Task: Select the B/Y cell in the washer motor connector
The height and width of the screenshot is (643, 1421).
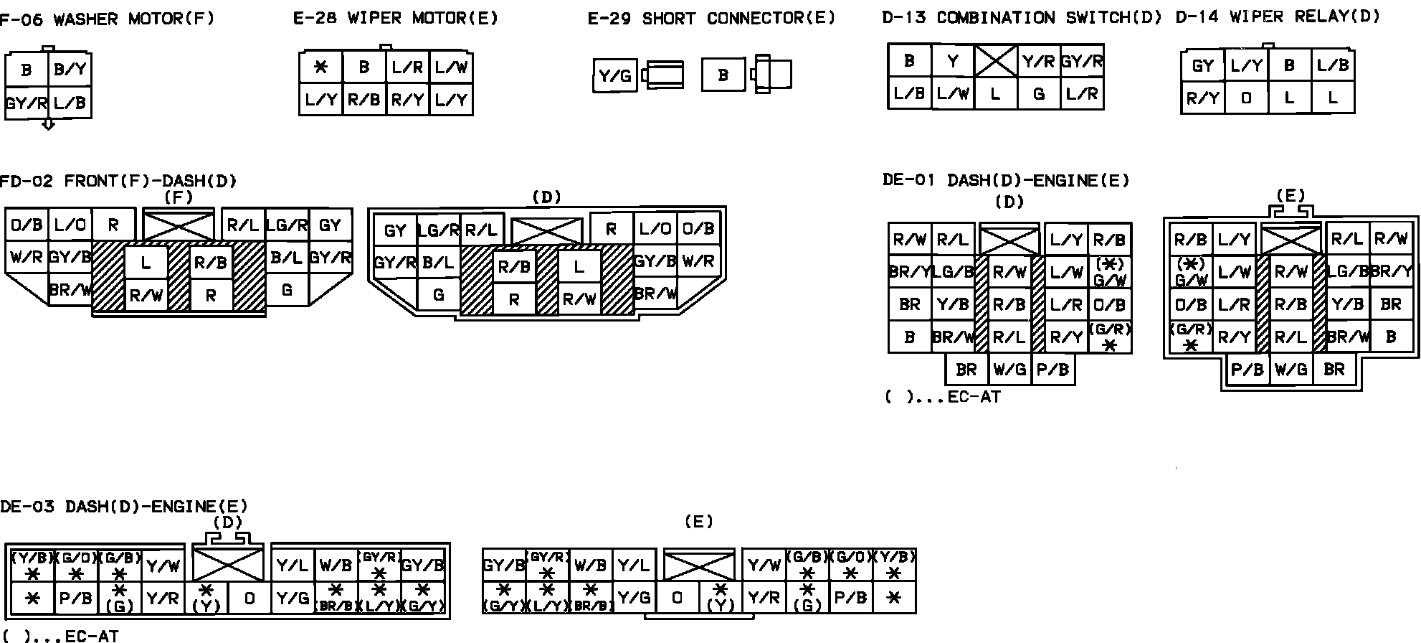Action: [70, 70]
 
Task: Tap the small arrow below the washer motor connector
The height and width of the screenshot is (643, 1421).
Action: [48, 125]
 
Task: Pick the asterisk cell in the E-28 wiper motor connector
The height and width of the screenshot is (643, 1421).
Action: [320, 67]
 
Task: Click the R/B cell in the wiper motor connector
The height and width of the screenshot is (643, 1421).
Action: [363, 100]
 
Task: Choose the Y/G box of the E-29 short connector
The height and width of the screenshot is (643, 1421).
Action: [614, 75]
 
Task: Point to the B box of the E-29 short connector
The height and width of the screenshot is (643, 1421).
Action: [723, 75]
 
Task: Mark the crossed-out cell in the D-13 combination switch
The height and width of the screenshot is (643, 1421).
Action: [995, 61]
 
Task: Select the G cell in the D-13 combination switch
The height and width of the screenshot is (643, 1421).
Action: [1038, 93]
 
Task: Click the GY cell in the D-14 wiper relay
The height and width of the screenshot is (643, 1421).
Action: [1202, 66]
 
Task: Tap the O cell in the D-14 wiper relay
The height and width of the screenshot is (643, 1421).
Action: [1245, 98]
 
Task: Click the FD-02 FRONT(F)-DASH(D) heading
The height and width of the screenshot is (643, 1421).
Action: [118, 181]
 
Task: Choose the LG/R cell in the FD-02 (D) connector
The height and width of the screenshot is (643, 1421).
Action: [438, 230]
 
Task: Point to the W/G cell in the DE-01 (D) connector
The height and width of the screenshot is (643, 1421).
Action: [1009, 370]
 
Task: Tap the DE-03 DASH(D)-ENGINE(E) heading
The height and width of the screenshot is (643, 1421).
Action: [123, 507]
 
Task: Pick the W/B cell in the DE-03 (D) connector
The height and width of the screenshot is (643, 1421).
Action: [335, 565]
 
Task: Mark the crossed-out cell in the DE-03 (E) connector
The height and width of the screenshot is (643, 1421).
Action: [698, 565]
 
